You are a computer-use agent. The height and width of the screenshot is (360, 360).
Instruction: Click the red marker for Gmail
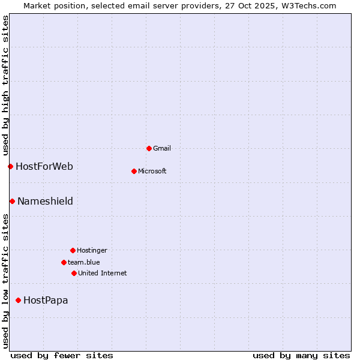point(149,148)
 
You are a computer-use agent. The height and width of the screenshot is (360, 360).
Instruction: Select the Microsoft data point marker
point(134,171)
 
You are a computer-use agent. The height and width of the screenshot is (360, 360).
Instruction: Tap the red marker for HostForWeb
point(10,166)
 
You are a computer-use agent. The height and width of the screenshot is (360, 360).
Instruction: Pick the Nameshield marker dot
point(12,201)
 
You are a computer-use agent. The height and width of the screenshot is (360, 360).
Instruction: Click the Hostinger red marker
point(73,250)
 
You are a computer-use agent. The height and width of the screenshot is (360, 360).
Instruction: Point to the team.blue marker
point(64,262)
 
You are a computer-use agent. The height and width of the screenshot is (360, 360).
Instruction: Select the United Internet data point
point(74,273)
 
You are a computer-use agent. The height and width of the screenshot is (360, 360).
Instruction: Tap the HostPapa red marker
point(18,300)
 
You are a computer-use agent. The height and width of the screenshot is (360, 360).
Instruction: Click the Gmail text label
point(162,148)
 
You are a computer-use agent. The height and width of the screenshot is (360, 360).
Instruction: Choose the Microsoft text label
point(152,171)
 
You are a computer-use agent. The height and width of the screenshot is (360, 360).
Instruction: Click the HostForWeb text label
point(44,166)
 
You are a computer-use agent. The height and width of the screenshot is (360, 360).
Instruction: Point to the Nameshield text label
point(45,201)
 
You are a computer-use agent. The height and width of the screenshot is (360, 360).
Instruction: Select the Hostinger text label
point(92,250)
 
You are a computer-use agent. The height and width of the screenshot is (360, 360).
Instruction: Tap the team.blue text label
point(84,262)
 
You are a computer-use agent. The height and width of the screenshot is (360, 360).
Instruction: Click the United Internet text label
point(103,273)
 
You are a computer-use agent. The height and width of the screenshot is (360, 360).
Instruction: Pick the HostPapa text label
point(46,300)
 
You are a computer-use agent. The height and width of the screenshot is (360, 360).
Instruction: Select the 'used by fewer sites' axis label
point(62,355)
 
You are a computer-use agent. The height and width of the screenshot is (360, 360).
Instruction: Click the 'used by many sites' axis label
point(301,355)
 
